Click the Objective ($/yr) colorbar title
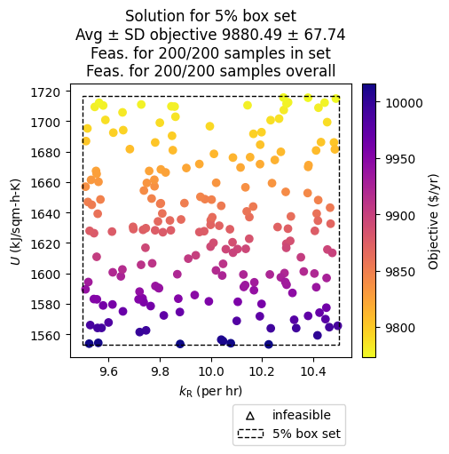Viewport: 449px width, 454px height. [x=434, y=220]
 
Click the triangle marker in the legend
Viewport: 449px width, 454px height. [x=250, y=415]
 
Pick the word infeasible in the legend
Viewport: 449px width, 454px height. [x=302, y=415]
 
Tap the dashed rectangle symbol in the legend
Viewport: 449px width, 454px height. [x=250, y=434]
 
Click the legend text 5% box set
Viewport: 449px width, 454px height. [x=307, y=434]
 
